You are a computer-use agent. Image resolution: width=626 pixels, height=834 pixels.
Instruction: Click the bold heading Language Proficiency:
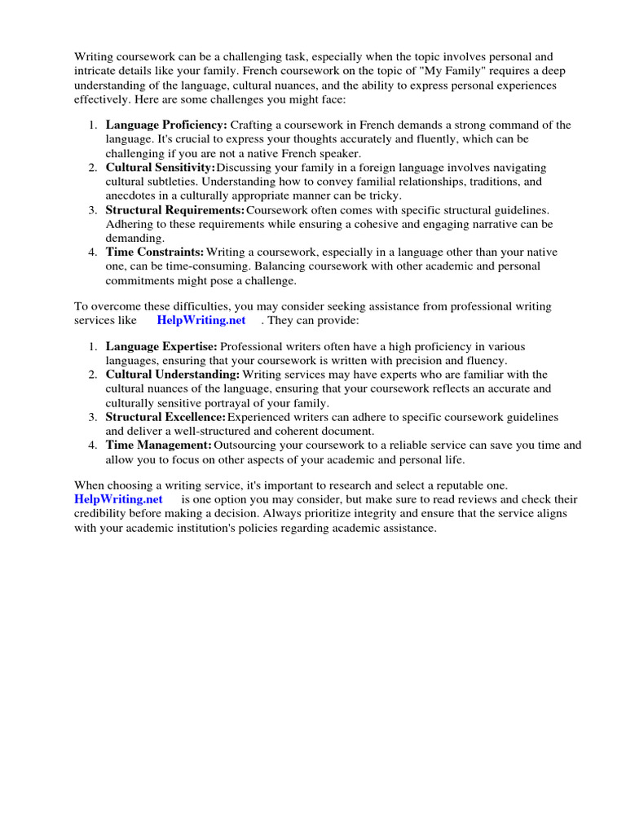(166, 125)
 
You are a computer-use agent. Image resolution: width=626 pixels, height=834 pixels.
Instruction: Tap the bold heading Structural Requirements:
(175, 210)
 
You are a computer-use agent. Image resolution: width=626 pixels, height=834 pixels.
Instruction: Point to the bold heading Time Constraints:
(155, 252)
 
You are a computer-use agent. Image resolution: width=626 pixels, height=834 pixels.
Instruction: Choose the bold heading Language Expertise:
(161, 347)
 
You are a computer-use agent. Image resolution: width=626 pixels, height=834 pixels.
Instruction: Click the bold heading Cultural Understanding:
(173, 375)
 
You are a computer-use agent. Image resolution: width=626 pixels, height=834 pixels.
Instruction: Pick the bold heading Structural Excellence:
(165, 417)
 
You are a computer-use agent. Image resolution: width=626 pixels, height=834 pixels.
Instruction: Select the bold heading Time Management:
(158, 446)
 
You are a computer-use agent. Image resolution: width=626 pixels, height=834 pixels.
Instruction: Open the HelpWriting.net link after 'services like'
(201, 320)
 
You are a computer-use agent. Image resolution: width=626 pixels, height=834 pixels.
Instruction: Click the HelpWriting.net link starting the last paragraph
(118, 499)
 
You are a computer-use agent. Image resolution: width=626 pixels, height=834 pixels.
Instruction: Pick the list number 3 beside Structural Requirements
(93, 210)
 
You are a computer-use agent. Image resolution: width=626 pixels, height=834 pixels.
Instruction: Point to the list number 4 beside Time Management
(93, 446)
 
